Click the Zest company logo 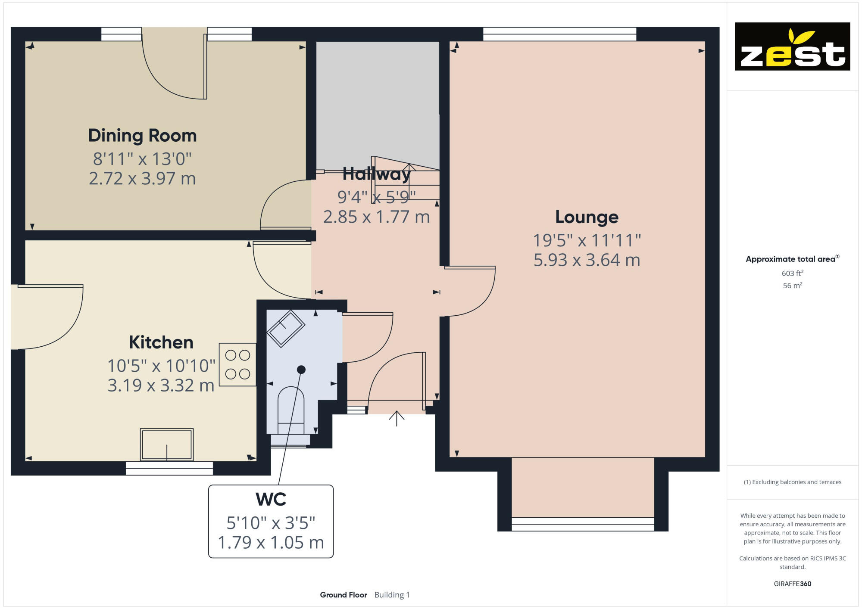point(792,47)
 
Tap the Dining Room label point(142,136)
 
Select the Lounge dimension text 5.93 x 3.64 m point(587,260)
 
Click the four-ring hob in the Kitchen point(237,364)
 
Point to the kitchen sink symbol point(167,444)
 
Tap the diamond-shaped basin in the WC point(286,328)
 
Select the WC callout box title point(271,500)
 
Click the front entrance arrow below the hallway point(397,418)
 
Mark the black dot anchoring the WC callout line point(301,370)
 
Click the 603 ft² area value point(792,273)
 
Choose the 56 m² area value point(792,286)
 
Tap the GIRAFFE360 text point(792,584)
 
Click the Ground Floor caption point(343,595)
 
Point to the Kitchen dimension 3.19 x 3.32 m point(161,385)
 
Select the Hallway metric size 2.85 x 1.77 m point(376,217)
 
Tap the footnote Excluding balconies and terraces point(792,482)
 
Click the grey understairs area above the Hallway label point(377,99)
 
